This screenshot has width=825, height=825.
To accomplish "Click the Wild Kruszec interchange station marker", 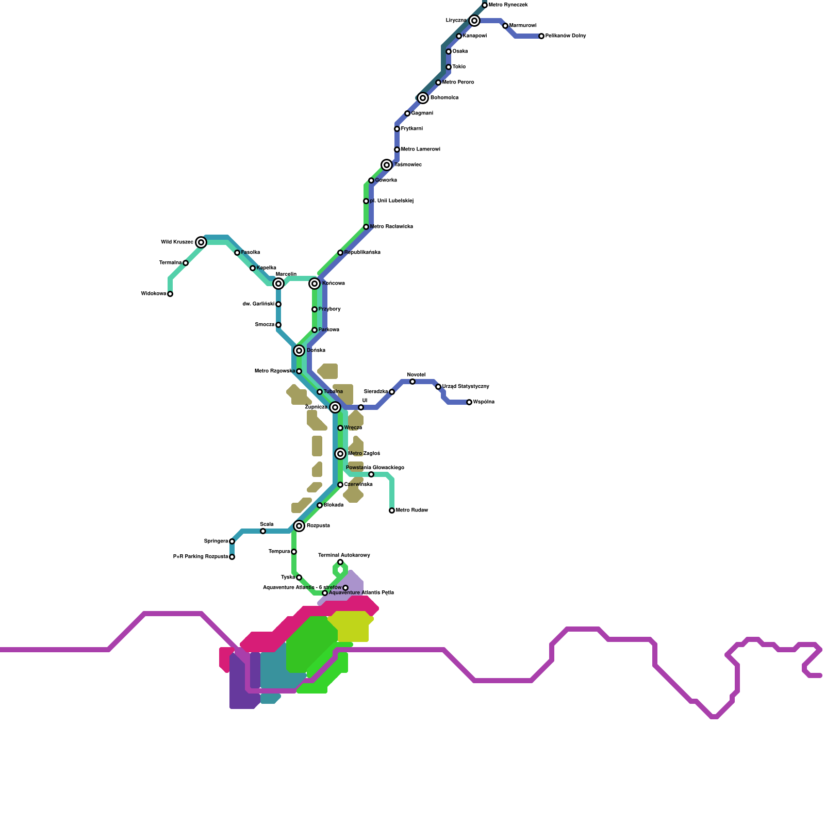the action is tap(201, 242).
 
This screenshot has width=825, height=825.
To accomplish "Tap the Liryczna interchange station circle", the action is tap(474, 21).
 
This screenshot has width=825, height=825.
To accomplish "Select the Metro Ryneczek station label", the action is tap(508, 5).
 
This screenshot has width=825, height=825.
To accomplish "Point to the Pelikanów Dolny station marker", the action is tap(541, 36).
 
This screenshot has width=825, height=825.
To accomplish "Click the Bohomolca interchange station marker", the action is tap(423, 98).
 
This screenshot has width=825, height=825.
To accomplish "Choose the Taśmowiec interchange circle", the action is tap(387, 165).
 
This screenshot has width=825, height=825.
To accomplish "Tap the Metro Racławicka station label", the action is tap(391, 227).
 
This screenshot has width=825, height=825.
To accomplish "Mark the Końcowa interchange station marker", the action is tap(315, 284).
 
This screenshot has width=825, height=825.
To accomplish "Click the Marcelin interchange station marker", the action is tap(278, 284).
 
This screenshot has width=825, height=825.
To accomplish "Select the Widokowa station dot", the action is tap(170, 294).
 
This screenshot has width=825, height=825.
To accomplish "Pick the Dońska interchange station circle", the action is tap(299, 351).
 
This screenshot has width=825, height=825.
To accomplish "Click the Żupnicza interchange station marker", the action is tap(335, 407).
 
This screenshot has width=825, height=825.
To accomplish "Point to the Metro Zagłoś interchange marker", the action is tap(340, 454).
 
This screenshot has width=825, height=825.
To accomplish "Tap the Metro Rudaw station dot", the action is tap(392, 510).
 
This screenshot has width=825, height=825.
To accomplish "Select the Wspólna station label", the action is tap(484, 402).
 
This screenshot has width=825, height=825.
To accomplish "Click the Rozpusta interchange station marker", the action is tap(299, 526).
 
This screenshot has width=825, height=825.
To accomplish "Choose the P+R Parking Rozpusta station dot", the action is tap(232, 557).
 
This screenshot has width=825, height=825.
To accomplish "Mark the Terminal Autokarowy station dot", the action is tap(340, 562).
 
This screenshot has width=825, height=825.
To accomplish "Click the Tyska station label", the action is tap(288, 577).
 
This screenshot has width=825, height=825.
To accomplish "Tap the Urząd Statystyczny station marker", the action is tap(438, 387).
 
